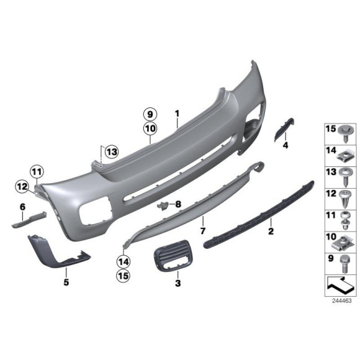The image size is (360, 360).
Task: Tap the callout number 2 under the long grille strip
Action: pos(270,232)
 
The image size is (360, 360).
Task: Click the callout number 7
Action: pos(202,230)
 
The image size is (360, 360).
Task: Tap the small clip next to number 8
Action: pos(163,205)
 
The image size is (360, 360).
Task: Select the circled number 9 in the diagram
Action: pos(149,114)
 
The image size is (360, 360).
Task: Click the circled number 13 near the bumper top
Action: pos(111,151)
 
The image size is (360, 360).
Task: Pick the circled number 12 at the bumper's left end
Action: pos(22,185)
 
